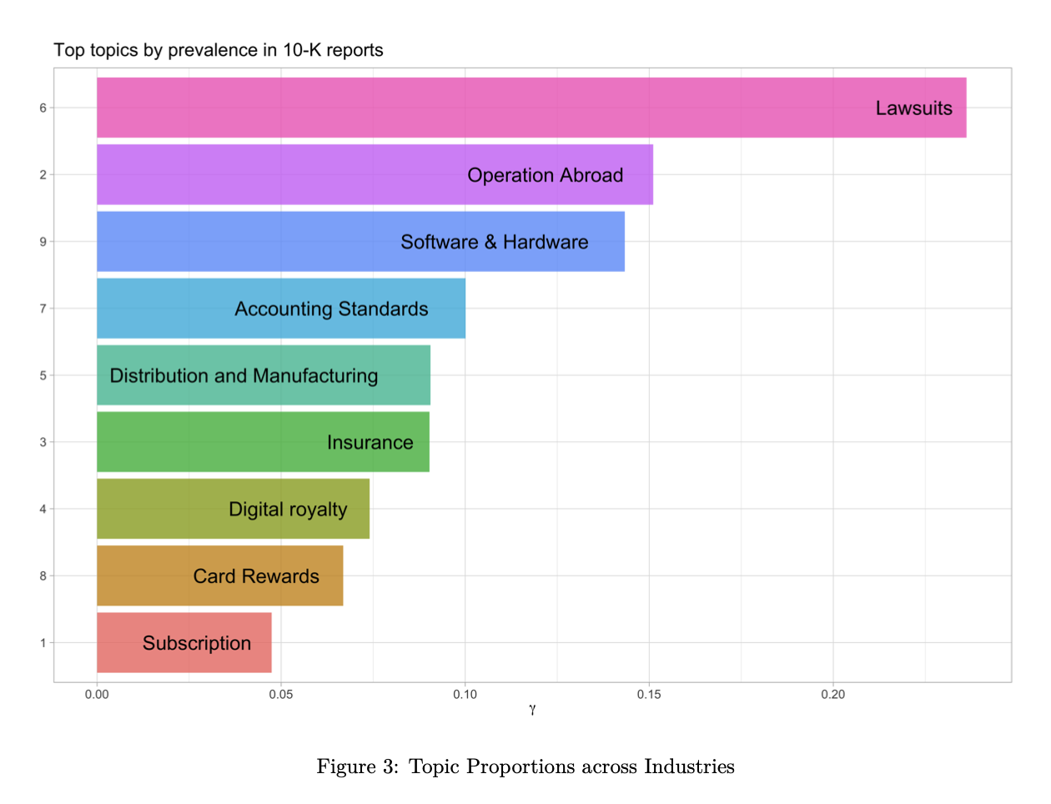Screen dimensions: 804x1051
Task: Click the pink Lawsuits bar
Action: [x=531, y=108]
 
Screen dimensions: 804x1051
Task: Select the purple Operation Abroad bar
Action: [x=375, y=174]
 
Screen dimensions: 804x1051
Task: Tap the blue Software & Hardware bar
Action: [x=360, y=241]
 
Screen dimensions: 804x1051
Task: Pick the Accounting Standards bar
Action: [x=281, y=309]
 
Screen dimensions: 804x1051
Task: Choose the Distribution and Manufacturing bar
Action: [x=264, y=375]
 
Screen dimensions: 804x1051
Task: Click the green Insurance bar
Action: [x=263, y=442]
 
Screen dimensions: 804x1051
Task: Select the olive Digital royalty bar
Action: [x=233, y=509]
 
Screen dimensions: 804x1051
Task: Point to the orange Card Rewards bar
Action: [x=219, y=575]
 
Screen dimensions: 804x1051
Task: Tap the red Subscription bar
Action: [x=184, y=642]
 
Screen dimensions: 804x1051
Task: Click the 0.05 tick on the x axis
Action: [x=281, y=695]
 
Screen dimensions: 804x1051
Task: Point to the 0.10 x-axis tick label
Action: [x=465, y=695]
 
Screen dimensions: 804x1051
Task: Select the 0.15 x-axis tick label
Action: [x=649, y=695]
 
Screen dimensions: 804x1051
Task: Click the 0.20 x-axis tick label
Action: [x=832, y=695]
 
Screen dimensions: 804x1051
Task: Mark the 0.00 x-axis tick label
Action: [x=97, y=695]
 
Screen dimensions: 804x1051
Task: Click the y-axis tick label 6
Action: [x=43, y=108]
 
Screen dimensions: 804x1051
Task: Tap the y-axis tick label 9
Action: [x=43, y=241]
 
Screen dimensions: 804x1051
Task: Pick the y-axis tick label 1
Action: [x=43, y=642]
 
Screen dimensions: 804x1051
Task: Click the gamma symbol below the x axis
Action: [x=532, y=710]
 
